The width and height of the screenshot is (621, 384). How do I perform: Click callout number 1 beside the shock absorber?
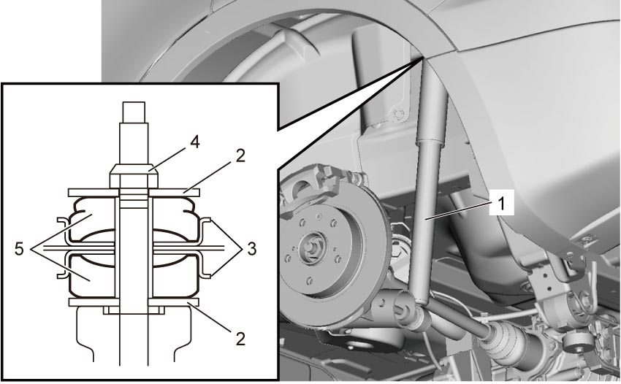point(501,204)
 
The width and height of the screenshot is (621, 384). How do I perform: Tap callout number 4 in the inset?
point(194,142)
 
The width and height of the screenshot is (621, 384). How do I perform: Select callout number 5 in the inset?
point(19,250)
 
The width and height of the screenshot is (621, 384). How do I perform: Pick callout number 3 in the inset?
point(252,249)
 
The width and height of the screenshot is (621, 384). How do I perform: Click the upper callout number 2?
point(240,156)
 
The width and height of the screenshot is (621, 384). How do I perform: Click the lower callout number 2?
point(240,339)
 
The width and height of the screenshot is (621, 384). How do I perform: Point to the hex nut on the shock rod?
point(134,176)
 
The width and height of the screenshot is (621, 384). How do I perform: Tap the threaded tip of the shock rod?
point(134,112)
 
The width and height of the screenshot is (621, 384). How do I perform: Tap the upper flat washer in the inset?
point(134,193)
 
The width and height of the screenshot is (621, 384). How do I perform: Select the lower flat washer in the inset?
point(134,302)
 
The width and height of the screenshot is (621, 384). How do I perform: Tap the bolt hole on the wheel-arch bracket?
point(397,115)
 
